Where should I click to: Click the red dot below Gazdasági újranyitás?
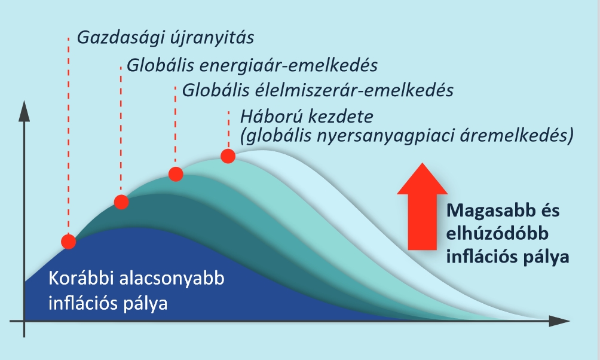pos(69,242)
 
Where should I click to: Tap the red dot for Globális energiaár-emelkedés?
pos(121,202)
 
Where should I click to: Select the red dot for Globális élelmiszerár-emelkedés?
pos(176,174)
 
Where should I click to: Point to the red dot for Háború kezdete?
pos(228,156)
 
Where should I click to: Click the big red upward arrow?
pos(422,207)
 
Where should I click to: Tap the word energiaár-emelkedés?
pos(289,66)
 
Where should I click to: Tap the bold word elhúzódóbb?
pos(497,234)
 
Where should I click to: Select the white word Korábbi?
pos(81,279)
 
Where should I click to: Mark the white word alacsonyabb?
pos(172,279)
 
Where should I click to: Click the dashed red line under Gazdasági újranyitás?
pos(69,136)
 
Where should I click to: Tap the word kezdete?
pos(341,117)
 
